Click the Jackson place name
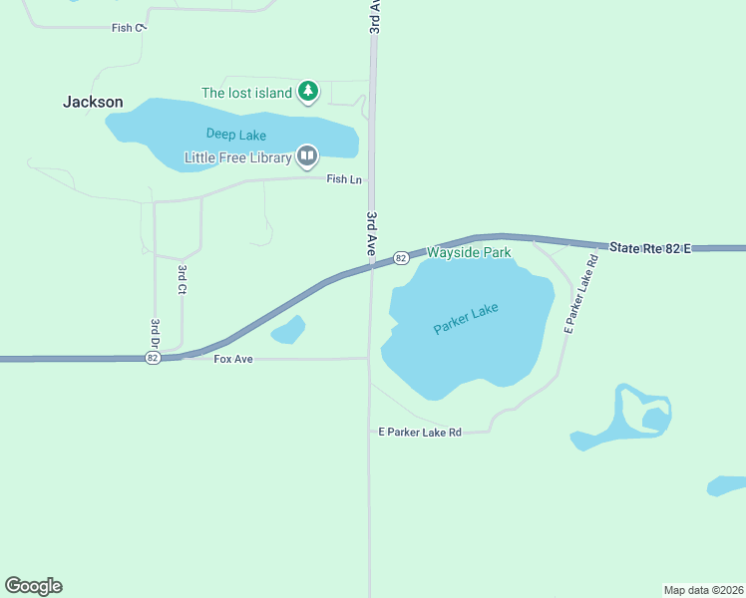point(93,102)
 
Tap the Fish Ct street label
point(129,28)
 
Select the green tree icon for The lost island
point(309,92)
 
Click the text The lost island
point(246,93)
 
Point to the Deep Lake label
point(236,134)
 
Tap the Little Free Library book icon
point(307,155)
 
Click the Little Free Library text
point(237,157)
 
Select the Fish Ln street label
point(344,179)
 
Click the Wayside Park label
point(469,253)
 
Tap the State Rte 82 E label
point(651,246)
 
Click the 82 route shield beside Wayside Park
point(400,258)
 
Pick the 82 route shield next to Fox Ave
point(153,358)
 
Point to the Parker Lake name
point(466,318)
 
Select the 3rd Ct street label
point(183,279)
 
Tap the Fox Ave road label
point(233,358)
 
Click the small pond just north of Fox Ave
point(288,330)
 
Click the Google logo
point(33,586)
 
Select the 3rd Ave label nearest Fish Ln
point(371,233)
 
